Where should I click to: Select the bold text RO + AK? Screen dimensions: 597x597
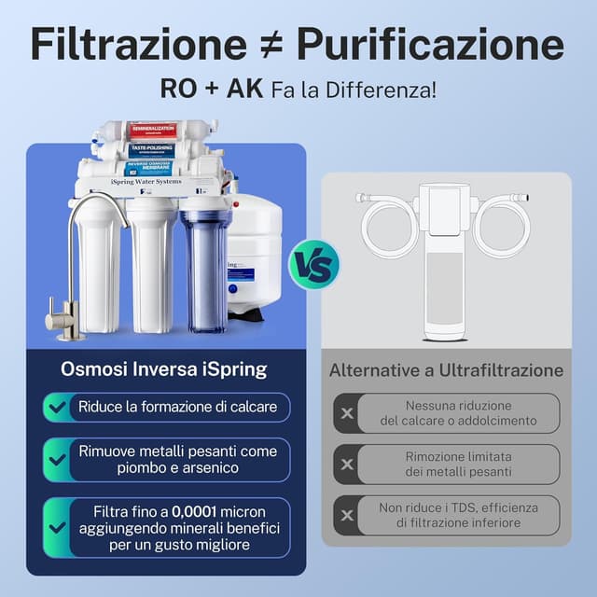(x=214, y=90)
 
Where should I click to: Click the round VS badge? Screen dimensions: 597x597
(x=314, y=264)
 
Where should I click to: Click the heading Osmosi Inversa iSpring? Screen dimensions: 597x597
(x=164, y=369)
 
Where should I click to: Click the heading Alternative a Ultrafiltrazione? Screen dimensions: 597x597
(x=446, y=370)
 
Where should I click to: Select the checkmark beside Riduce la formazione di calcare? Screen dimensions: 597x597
(x=56, y=408)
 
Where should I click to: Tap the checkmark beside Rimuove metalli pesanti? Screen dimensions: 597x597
(x=56, y=458)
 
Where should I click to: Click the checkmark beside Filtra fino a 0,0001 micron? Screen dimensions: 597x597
(x=56, y=526)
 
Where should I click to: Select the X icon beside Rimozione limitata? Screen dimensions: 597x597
(x=347, y=465)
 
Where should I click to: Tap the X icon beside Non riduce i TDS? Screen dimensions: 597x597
(x=347, y=515)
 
